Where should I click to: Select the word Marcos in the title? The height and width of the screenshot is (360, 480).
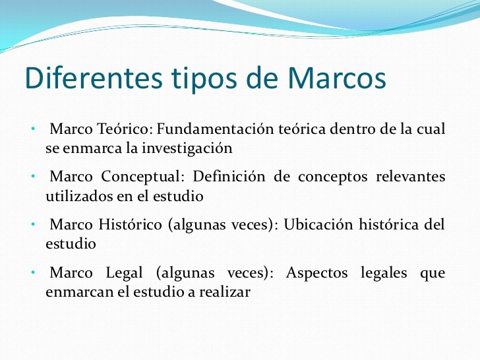(337, 78)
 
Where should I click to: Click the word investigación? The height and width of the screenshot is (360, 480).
(187, 149)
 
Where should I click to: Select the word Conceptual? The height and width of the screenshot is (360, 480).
(143, 177)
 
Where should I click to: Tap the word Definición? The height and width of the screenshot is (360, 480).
(229, 177)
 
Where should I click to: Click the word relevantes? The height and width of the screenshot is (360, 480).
(411, 177)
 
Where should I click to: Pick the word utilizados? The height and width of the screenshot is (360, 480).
(80, 196)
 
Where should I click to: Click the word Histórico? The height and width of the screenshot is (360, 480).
(130, 224)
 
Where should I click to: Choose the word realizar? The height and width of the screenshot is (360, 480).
(225, 291)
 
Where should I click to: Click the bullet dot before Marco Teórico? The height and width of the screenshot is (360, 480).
(33, 129)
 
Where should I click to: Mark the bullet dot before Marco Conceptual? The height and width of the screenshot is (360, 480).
(33, 176)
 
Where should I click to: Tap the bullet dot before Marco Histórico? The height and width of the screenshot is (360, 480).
(33, 224)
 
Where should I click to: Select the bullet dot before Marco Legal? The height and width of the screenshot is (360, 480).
(33, 272)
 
